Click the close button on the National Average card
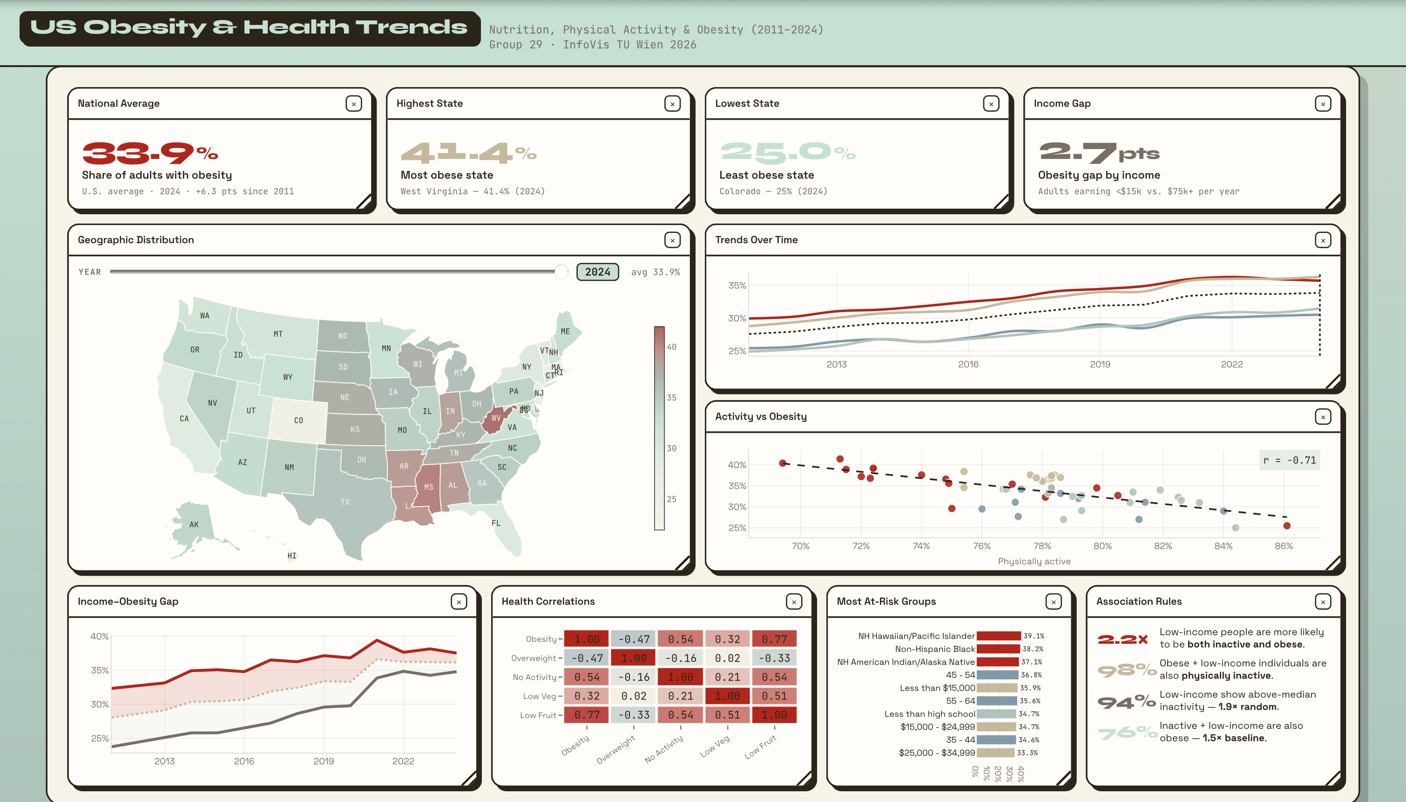click(x=354, y=103)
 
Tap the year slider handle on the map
click(x=561, y=272)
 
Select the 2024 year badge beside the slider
click(x=597, y=272)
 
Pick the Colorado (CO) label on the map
click(x=298, y=420)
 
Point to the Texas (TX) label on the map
click(x=345, y=502)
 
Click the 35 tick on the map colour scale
click(x=672, y=398)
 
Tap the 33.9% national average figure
click(x=150, y=153)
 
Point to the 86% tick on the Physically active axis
click(x=1283, y=546)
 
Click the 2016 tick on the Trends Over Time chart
click(x=968, y=364)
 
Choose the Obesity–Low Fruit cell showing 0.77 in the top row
click(x=774, y=639)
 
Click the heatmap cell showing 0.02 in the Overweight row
click(x=727, y=658)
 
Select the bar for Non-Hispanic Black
click(x=998, y=649)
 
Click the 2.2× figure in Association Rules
click(x=1123, y=639)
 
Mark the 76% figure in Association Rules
click(x=1127, y=733)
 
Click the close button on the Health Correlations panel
click(x=794, y=602)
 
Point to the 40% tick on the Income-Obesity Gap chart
click(x=100, y=636)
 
